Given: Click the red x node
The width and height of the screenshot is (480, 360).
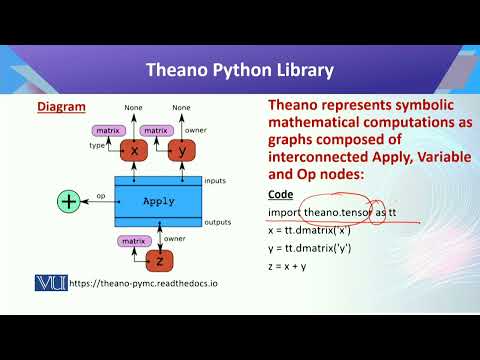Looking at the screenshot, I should coord(134,151).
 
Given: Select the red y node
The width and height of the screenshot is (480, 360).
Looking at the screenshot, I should coord(181,151).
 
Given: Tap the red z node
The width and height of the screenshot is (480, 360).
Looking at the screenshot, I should coord(158,260).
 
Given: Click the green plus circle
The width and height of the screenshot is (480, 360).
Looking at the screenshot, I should coord(69,202).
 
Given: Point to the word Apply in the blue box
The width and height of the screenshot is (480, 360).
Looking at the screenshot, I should coord(158,201).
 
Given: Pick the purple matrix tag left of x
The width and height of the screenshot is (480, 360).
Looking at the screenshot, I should coord(107,130).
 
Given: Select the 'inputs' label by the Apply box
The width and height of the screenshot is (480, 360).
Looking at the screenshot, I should coord(214,181).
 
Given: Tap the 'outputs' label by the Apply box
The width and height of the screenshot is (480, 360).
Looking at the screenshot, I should coord(217,222).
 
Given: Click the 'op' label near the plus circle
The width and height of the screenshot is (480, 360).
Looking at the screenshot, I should coord(101,196).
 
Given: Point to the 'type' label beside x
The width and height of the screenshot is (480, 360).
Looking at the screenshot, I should coord(98,146).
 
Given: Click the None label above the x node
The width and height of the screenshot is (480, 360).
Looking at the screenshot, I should coord(134,107).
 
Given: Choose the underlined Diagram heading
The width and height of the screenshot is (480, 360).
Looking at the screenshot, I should coord(61,106).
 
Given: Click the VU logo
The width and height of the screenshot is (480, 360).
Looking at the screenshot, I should coord(50,282).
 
